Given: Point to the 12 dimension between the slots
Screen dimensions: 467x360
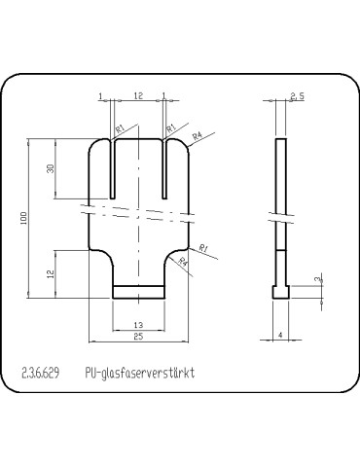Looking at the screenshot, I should (139, 95).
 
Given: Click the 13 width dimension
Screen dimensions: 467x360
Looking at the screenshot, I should (138, 324).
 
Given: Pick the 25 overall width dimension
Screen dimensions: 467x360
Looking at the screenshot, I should (138, 337).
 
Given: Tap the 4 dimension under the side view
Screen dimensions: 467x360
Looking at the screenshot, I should (280, 336).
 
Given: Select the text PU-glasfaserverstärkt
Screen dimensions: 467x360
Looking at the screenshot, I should (140, 373).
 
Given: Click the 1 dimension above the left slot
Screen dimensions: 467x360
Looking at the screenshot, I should (101, 95).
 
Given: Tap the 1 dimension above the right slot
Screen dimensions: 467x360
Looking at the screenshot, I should (164, 95).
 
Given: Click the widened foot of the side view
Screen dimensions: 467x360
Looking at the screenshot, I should (281, 291).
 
